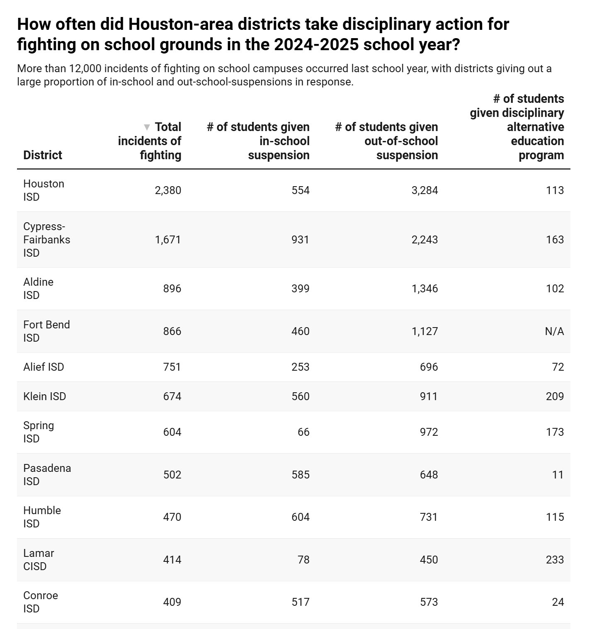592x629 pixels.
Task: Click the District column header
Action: (43, 155)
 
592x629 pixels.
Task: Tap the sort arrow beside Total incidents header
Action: (147, 127)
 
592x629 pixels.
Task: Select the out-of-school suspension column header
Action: (386, 141)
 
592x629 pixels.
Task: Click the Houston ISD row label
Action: (44, 190)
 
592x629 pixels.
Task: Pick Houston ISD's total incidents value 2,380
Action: (168, 190)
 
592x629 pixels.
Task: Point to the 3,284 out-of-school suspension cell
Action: (425, 190)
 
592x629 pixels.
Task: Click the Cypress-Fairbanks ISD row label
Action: (46, 240)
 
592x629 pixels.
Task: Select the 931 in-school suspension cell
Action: (300, 240)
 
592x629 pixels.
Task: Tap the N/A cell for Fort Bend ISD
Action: (554, 331)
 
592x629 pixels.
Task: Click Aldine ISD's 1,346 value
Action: (425, 289)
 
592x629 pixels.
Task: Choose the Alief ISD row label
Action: (44, 367)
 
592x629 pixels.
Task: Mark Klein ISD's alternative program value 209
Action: (555, 396)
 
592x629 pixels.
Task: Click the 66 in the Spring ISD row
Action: (303, 432)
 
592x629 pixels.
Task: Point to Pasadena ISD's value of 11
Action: (558, 475)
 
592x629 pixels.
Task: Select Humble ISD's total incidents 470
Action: (172, 517)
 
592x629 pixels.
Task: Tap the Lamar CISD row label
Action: (39, 560)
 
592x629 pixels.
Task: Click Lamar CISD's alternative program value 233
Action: (555, 560)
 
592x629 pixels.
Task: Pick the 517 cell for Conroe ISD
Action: (300, 602)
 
